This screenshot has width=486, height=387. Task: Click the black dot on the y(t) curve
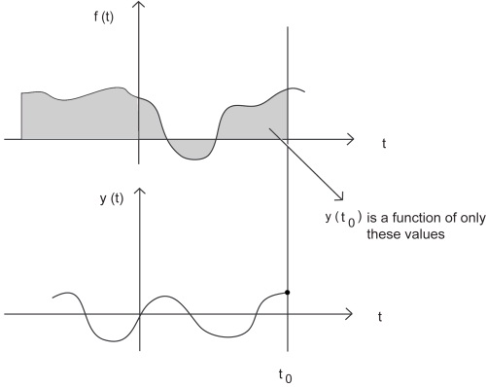click(x=288, y=292)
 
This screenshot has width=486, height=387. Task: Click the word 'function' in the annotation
click(x=404, y=217)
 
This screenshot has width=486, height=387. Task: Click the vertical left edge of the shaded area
click(x=21, y=117)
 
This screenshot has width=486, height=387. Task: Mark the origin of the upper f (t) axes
click(x=140, y=139)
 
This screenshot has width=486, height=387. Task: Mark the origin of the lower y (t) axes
click(x=140, y=314)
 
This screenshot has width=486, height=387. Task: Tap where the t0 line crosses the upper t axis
click(x=288, y=139)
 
